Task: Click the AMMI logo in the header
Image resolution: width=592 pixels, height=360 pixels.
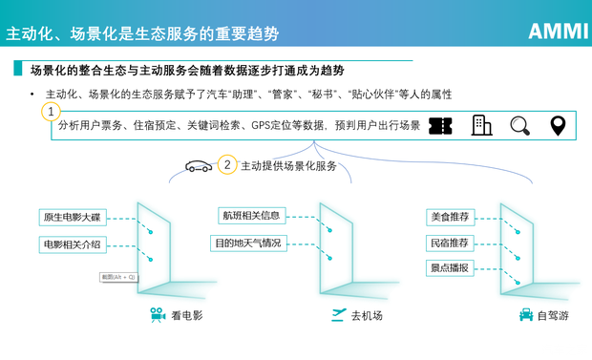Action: click(x=558, y=31)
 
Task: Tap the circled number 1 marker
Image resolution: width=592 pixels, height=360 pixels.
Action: click(x=52, y=112)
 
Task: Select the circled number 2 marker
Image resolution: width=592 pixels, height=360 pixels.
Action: click(x=227, y=164)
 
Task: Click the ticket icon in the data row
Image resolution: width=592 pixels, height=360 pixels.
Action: click(x=440, y=126)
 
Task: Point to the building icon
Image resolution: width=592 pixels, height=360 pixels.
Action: click(x=481, y=126)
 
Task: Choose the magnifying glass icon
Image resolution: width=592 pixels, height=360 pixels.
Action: click(x=519, y=126)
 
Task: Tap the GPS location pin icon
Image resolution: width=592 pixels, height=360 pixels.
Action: click(x=558, y=126)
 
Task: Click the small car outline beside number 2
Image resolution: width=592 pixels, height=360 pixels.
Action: click(x=199, y=166)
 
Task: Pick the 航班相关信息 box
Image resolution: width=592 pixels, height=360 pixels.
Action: click(x=250, y=215)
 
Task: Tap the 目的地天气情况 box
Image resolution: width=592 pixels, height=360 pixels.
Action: click(x=248, y=244)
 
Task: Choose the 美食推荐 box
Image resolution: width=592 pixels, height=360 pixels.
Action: click(x=450, y=217)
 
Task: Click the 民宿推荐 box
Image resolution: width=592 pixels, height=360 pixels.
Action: click(x=450, y=243)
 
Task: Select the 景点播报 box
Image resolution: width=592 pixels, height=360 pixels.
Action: click(x=450, y=267)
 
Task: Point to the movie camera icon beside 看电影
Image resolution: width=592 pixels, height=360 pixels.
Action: click(x=157, y=315)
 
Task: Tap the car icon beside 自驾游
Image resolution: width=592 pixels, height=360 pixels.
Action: click(x=525, y=315)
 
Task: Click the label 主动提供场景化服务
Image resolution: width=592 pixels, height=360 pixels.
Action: click(x=288, y=165)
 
